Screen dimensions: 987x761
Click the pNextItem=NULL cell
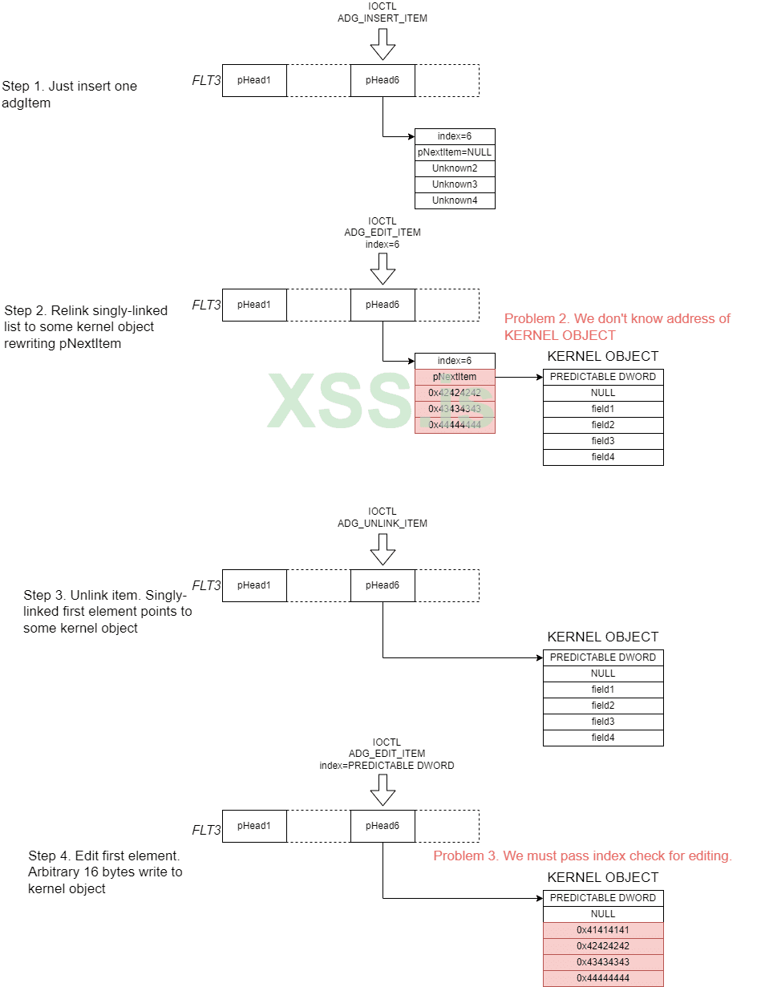tap(455, 152)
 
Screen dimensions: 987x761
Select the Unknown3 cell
tap(455, 184)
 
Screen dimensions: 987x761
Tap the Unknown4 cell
tap(455, 200)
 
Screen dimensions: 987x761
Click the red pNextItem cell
tap(455, 377)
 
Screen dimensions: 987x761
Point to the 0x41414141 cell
tap(603, 930)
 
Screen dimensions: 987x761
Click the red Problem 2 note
tap(617, 326)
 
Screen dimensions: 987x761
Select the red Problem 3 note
tap(582, 856)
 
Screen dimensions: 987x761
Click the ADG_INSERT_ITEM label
tap(383, 18)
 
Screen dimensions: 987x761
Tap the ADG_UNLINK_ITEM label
tap(383, 524)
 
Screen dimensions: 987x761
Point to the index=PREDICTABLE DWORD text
tap(387, 766)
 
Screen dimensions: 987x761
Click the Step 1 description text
tap(70, 94)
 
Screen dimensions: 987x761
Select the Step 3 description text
tap(107, 612)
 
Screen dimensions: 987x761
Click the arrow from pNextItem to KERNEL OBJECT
tap(519, 376)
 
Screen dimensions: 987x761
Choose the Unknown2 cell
tap(455, 168)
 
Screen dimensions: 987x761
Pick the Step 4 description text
tap(105, 872)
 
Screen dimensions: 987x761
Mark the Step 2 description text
tap(86, 326)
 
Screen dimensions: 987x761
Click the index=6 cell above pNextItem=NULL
tap(455, 136)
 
